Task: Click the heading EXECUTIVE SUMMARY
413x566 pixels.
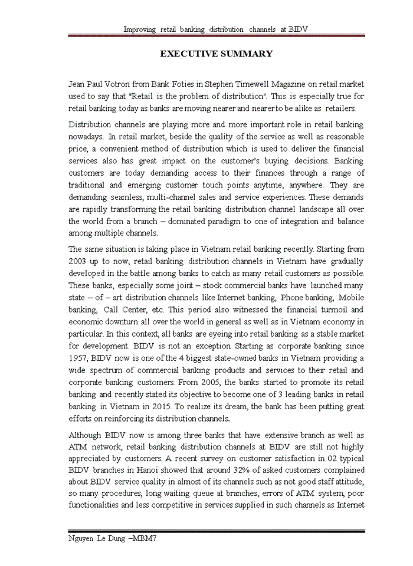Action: [217, 54]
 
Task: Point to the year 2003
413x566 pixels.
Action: [80, 261]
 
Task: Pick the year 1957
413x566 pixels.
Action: [80, 358]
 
